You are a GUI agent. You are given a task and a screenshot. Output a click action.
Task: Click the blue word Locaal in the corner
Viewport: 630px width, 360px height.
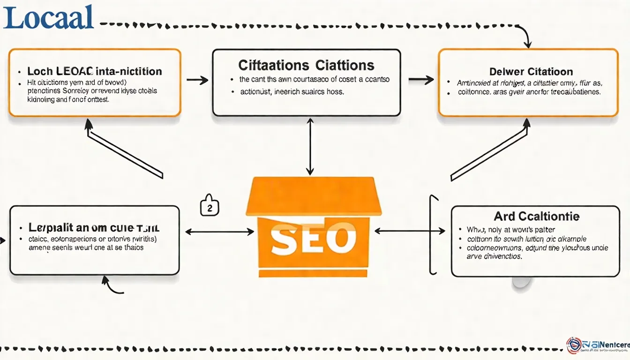48,18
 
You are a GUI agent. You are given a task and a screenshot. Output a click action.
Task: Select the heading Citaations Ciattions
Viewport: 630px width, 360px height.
306,65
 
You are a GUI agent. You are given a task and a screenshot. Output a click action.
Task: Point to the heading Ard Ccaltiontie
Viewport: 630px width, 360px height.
536,216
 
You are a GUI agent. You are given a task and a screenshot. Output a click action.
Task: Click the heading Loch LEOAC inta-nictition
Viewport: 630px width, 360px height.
95,72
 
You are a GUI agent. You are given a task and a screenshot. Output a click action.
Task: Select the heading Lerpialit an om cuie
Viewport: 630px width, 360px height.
94,228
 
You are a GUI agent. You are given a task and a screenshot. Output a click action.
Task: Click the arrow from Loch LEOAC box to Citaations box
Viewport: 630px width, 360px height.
197,80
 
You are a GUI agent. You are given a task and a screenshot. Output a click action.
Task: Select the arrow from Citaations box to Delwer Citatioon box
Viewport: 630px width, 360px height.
420,80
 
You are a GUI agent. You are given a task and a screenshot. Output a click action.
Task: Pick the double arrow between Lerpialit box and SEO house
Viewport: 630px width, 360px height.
219,232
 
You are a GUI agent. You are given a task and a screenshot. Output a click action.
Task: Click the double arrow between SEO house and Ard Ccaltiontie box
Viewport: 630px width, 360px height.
409,231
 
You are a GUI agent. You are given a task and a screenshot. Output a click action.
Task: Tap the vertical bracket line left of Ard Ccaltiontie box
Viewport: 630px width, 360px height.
430,234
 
